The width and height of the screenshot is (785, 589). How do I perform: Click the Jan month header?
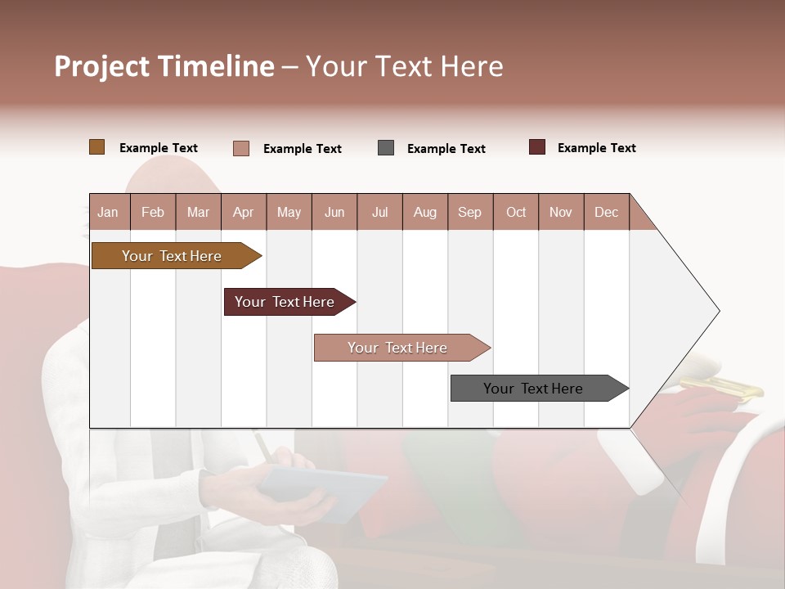(108, 212)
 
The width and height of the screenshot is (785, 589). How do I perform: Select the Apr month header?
(243, 212)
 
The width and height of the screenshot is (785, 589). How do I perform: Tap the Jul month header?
(379, 212)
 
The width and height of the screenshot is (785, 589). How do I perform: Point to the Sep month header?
(469, 212)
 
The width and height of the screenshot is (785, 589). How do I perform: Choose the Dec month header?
(606, 212)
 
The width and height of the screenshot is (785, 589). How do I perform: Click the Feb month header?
(153, 212)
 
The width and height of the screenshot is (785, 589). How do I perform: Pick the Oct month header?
(516, 212)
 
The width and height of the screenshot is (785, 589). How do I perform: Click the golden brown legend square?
(96, 147)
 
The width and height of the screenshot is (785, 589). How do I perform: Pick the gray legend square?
(386, 148)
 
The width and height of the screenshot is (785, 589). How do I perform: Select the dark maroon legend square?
(536, 147)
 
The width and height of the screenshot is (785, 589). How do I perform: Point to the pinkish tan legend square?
(241, 148)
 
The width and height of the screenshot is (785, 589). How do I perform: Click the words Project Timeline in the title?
(164, 66)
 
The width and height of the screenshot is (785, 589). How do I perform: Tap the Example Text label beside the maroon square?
(596, 148)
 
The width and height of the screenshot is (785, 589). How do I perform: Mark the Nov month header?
(561, 212)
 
